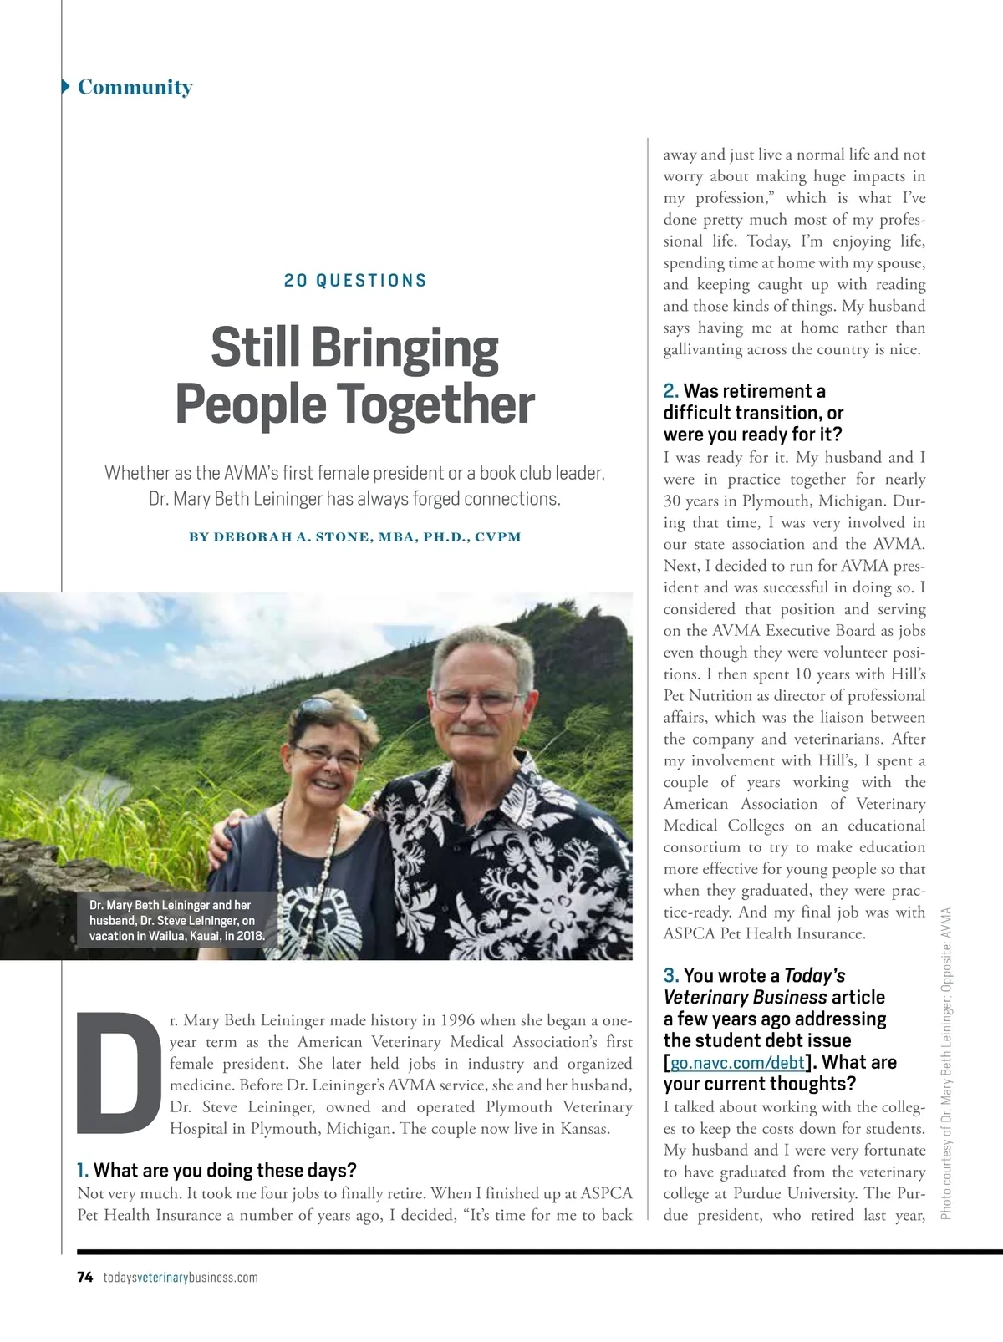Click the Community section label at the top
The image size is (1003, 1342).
pos(135,87)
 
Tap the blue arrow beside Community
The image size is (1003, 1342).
pos(66,86)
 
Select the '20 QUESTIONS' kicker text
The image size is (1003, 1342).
pos(355,281)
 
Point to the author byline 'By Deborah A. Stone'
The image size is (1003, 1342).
pos(354,536)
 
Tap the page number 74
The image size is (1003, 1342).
pos(84,1277)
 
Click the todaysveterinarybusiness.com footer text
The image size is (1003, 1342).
pos(181,1277)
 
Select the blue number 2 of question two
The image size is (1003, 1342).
pos(670,391)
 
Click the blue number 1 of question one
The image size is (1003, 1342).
pos(82,1170)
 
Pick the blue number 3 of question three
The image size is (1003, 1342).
pos(670,976)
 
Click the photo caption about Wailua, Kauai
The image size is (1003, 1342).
pos(176,920)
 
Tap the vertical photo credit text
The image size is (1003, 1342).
pos(946,1061)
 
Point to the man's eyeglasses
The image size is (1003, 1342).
pos(476,700)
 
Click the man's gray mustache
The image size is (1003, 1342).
pos(473,729)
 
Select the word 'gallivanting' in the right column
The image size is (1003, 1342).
pos(702,349)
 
